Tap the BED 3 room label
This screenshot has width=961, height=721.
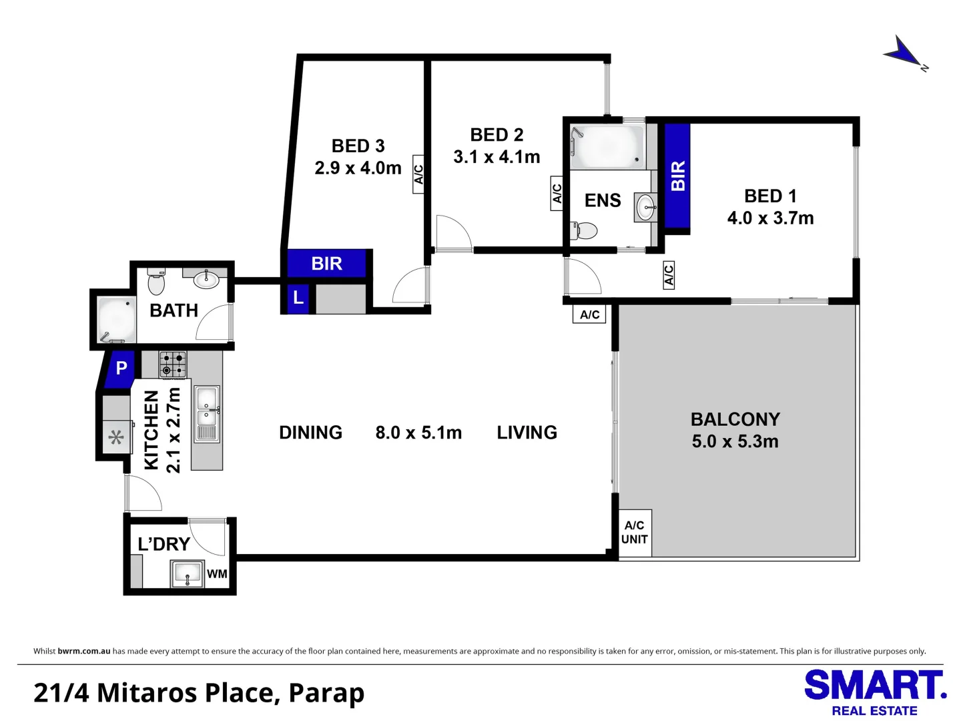click(x=358, y=146)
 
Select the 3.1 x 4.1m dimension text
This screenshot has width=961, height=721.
click(x=497, y=157)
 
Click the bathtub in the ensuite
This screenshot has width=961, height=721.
click(x=607, y=146)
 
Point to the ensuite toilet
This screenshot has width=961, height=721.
click(x=584, y=231)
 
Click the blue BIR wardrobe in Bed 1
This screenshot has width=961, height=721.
click(x=677, y=176)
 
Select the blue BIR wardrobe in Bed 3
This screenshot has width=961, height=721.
click(x=326, y=264)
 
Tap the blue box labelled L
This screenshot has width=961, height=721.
click(x=298, y=298)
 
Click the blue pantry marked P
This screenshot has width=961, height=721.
click(x=121, y=368)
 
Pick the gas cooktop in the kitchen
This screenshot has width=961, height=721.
click(x=173, y=365)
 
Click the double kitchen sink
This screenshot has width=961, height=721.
click(x=206, y=414)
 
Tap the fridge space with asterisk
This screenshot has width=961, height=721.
click(x=116, y=438)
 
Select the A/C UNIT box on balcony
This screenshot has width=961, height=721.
click(x=634, y=533)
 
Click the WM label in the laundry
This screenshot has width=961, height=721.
click(x=217, y=574)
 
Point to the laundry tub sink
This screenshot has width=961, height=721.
click(x=188, y=573)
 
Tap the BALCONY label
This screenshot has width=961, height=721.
click(x=735, y=419)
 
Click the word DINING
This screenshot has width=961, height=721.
click(x=310, y=433)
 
